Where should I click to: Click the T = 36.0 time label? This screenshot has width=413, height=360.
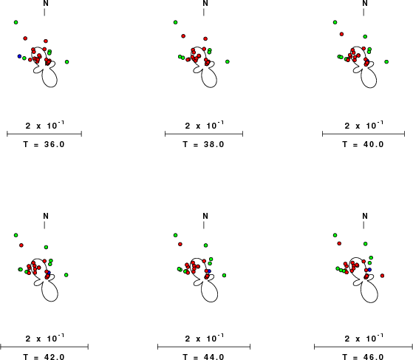pyautogui.click(x=44, y=144)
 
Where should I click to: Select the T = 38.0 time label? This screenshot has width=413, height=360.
pyautogui.click(x=203, y=144)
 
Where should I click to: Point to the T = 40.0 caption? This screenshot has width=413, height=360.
pyautogui.click(x=363, y=144)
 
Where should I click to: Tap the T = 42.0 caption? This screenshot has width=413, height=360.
pyautogui.click(x=44, y=357)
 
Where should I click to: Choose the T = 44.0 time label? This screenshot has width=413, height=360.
pyautogui.click(x=203, y=357)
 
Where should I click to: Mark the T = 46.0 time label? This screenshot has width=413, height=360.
pyautogui.click(x=363, y=357)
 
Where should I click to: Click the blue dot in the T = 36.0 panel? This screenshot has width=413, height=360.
pyautogui.click(x=19, y=56)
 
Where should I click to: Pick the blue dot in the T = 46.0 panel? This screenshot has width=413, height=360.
pyautogui.click(x=369, y=270)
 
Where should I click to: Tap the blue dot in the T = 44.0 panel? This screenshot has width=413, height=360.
pyautogui.click(x=209, y=271)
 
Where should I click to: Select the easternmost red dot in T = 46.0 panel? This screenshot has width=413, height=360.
pyautogui.click(x=382, y=276)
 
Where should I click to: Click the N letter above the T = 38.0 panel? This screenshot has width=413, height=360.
pyautogui.click(x=205, y=4)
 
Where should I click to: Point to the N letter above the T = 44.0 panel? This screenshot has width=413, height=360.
pyautogui.click(x=205, y=216)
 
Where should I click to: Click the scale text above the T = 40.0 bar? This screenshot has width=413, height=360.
pyautogui.click(x=363, y=125)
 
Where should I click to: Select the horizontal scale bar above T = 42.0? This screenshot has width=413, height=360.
pyautogui.click(x=44, y=347)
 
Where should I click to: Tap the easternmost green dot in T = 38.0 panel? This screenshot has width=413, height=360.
pyautogui.click(x=228, y=61)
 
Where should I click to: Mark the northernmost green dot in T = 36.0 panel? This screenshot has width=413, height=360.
pyautogui.click(x=16, y=22)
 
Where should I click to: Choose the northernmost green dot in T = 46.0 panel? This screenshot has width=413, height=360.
pyautogui.click(x=335, y=235)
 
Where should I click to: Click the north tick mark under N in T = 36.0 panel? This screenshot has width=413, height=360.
pyautogui.click(x=44, y=12)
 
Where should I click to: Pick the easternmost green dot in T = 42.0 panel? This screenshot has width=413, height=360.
pyautogui.click(x=66, y=275)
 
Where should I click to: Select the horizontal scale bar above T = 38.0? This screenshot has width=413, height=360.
pyautogui.click(x=204, y=134)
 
